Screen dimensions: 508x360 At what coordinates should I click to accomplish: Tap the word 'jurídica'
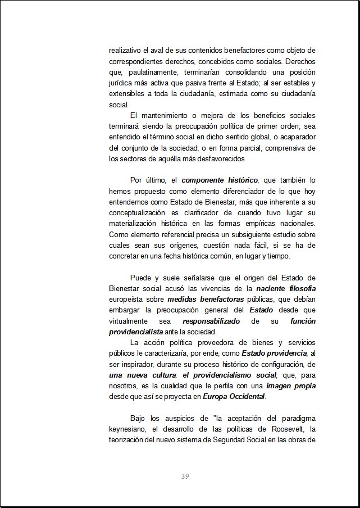(120, 83)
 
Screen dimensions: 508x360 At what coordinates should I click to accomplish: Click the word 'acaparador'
(296, 137)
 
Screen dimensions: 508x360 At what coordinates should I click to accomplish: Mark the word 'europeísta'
(126, 300)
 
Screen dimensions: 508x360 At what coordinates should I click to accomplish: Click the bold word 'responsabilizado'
(211, 321)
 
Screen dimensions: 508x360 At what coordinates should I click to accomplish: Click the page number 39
(185, 477)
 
